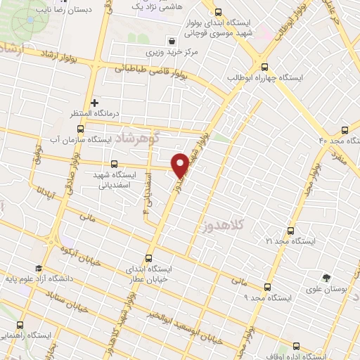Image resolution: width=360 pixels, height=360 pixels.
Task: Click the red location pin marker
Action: [x=181, y=163]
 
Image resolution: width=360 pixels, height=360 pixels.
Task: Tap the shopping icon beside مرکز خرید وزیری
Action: [x=171, y=39]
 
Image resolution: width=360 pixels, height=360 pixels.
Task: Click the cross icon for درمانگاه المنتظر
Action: [x=94, y=103]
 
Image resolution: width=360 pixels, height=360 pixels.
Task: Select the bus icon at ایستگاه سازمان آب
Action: [x=80, y=129]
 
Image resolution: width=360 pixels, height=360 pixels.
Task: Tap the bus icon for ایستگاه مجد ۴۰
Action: [x=344, y=129]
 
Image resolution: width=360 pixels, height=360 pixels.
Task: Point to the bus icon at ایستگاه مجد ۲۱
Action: [x=291, y=231]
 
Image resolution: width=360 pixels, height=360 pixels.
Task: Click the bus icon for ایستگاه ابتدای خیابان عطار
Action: [x=148, y=257]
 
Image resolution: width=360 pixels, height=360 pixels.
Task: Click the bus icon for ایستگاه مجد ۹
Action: [x=267, y=286]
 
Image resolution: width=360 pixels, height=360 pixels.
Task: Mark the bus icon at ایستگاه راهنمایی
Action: [x=19, y=325]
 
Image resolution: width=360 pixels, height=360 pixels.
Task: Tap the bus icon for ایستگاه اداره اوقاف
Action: [x=296, y=345]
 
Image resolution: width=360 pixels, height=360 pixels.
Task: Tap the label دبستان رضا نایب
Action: [x=63, y=11]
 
